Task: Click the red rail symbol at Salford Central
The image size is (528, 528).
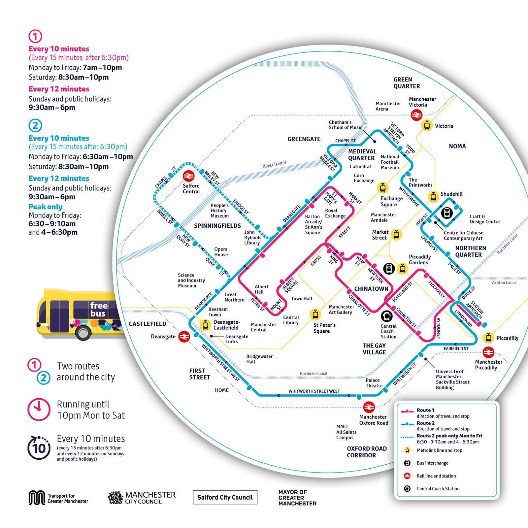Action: (x=189, y=176)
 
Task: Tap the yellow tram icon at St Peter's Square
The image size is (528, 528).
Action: (x=315, y=314)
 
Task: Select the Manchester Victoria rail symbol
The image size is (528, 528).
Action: (x=416, y=115)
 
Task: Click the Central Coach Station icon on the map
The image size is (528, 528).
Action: (x=386, y=316)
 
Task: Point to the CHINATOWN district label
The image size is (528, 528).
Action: (x=371, y=289)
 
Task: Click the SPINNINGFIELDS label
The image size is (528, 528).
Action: (x=217, y=226)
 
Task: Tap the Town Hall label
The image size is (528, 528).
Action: (x=301, y=299)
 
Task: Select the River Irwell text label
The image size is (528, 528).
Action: (x=274, y=164)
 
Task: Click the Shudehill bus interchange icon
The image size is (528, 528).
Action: (x=447, y=213)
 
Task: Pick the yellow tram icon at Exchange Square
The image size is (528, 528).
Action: (x=382, y=188)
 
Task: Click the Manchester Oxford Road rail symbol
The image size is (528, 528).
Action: (x=369, y=407)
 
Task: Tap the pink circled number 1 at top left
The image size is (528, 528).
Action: (x=35, y=36)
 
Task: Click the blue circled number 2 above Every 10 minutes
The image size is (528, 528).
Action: (x=35, y=125)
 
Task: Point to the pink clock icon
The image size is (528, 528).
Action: (x=39, y=410)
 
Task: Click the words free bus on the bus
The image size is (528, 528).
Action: (x=98, y=309)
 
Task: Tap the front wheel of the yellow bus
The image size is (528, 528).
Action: (x=83, y=333)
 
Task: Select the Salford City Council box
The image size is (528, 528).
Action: (x=225, y=497)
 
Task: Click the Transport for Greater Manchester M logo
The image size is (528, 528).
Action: (x=37, y=498)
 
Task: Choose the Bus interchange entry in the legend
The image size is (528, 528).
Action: (x=432, y=463)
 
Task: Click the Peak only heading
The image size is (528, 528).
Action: (x=46, y=207)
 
